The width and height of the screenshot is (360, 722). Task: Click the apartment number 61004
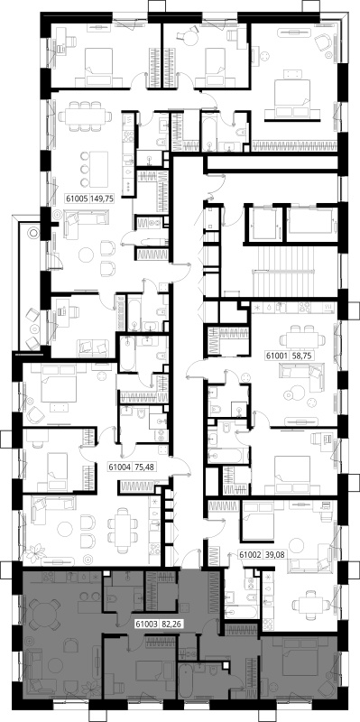tap(118, 467)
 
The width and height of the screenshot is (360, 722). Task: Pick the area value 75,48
tap(139, 467)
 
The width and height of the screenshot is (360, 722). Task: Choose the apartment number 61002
tap(249, 555)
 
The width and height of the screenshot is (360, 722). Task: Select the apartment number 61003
tap(145, 625)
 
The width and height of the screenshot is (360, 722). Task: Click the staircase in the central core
tap(295, 276)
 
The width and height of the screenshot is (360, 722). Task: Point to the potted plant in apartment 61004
tap(36, 551)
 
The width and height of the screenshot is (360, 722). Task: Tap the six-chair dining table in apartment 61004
tap(123, 530)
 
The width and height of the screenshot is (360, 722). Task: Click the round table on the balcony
tap(34, 233)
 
